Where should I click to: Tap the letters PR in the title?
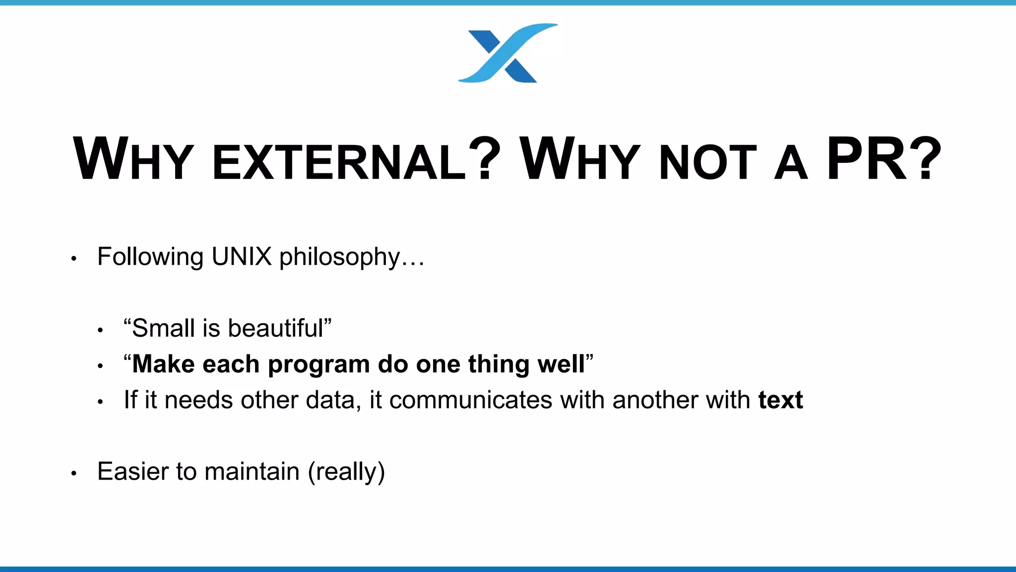[x=866, y=159]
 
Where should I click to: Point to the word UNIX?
[x=242, y=257]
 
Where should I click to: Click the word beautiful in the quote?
[x=275, y=328]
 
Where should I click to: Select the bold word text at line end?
[x=780, y=400]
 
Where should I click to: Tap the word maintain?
[x=252, y=471]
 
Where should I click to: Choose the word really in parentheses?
[x=346, y=472]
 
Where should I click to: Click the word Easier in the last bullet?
[x=132, y=471]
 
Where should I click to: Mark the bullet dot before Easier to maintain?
[x=74, y=474]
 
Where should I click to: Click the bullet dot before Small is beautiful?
[x=101, y=330]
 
